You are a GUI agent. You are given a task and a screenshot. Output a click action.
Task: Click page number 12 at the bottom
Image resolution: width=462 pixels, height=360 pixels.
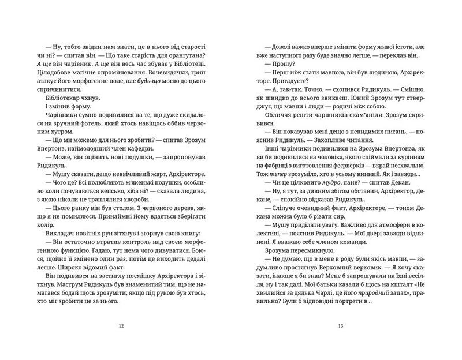121,327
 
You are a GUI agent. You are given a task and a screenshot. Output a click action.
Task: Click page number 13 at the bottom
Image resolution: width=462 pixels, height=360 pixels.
341,327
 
